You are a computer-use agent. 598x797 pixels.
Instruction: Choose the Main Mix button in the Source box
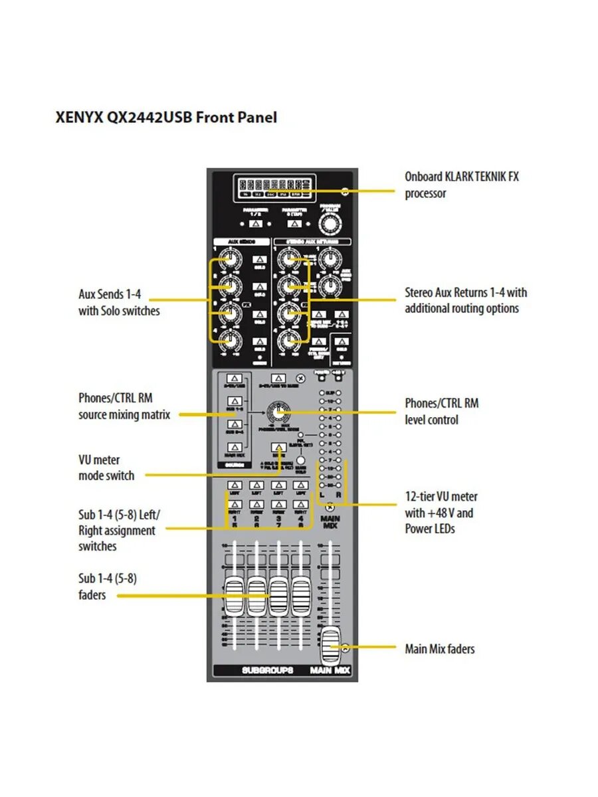click(x=233, y=447)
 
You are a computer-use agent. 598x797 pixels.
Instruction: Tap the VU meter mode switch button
click(x=279, y=448)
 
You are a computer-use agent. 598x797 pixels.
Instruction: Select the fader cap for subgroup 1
click(x=235, y=596)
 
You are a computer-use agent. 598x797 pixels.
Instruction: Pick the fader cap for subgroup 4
click(x=300, y=596)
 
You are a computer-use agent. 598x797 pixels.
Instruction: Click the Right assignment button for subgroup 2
click(x=256, y=504)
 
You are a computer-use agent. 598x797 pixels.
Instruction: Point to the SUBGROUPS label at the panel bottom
click(x=268, y=671)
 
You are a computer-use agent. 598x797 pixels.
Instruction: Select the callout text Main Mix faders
click(x=440, y=649)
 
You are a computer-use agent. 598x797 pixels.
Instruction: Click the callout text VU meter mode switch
click(x=106, y=468)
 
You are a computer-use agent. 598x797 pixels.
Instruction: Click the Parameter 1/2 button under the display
click(x=256, y=224)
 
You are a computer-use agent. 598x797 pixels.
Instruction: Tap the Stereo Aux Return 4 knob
click(x=288, y=341)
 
